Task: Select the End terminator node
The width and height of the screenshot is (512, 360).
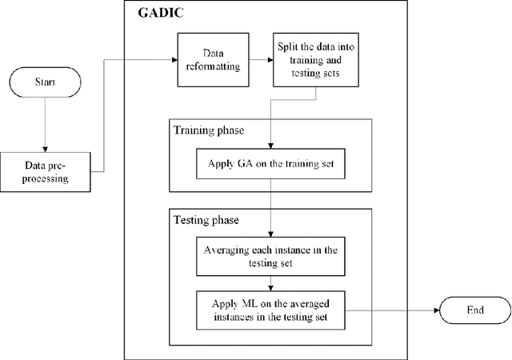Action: [x=474, y=310]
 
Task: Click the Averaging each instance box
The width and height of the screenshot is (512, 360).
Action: [x=270, y=256]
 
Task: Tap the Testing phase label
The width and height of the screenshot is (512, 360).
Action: [x=206, y=218]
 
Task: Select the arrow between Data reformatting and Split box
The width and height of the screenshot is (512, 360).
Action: [x=258, y=59]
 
